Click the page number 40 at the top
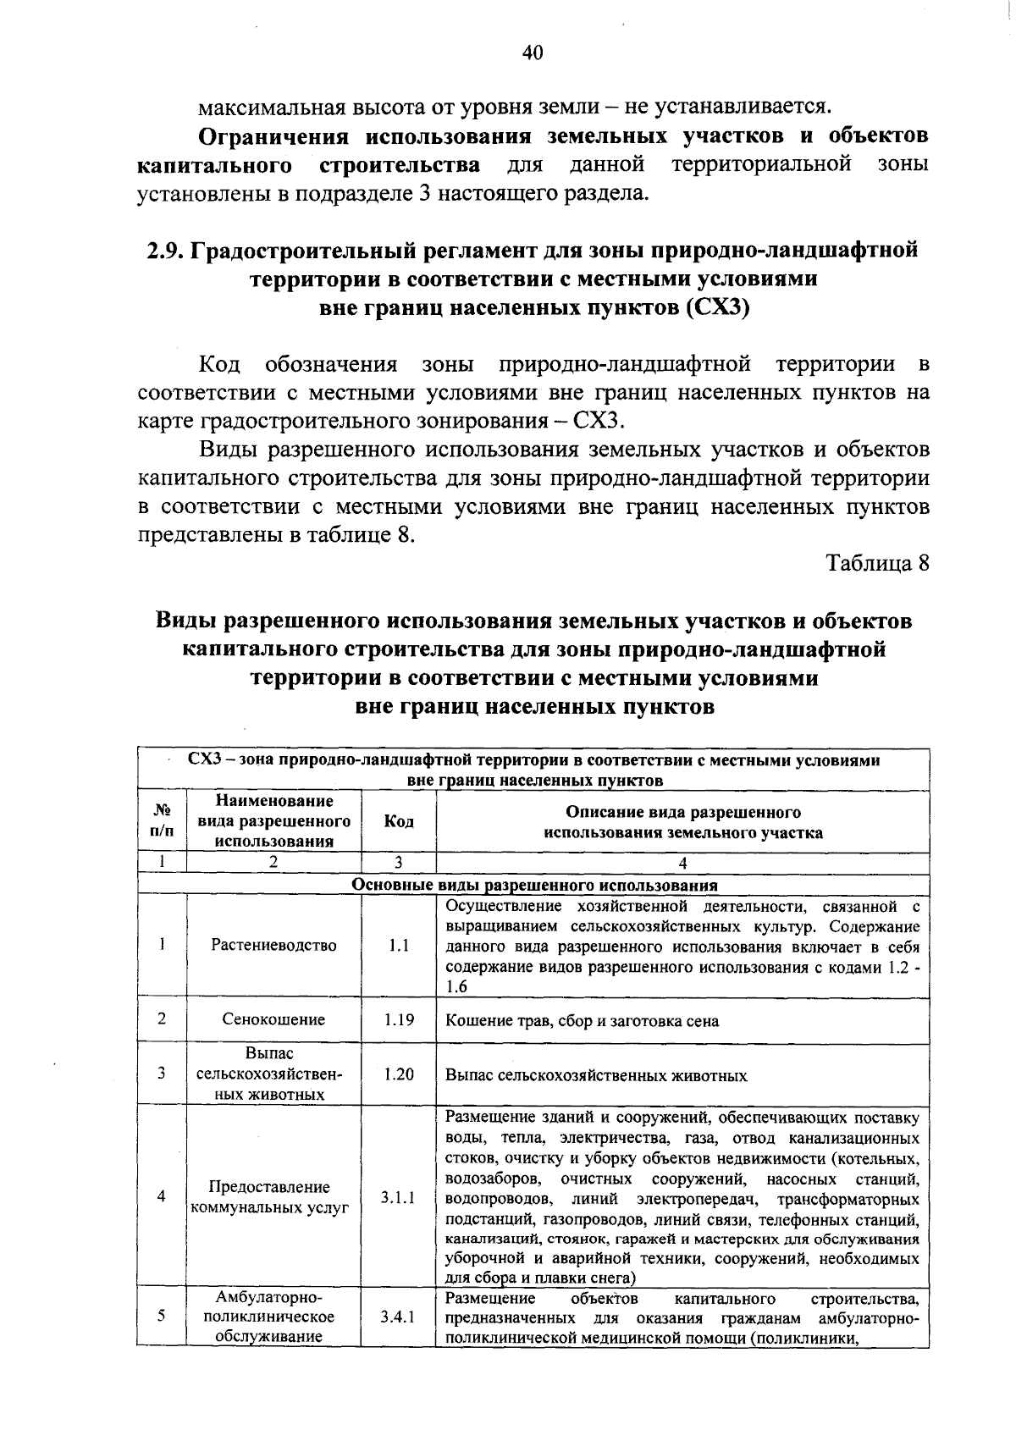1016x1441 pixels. point(532,53)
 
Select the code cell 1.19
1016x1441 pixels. point(398,1019)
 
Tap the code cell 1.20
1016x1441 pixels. point(398,1074)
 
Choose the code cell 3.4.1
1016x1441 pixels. point(398,1317)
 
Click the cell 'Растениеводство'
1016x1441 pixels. point(273,945)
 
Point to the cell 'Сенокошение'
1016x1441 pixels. point(273,1019)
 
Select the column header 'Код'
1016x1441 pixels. point(398,821)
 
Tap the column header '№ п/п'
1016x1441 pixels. point(161,820)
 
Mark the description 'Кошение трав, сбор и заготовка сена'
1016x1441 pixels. point(582,1021)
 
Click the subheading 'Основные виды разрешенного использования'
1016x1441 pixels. point(534,886)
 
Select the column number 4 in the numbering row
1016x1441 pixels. point(682,864)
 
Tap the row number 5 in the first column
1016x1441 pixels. point(161,1316)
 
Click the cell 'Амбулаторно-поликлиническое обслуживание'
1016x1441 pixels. point(273,1317)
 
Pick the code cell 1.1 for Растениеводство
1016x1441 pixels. point(398,945)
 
